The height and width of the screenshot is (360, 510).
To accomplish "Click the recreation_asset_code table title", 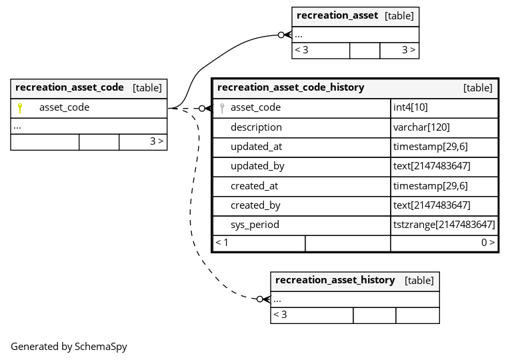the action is point(69,87).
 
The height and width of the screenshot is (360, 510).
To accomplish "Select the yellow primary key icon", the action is point(20,108).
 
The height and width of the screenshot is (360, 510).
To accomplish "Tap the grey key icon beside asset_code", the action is point(222,108).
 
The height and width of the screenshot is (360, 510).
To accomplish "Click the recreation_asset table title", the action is point(337,15).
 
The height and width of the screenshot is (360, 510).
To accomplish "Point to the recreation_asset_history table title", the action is point(335,280).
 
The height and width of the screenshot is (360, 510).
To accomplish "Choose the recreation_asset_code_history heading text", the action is point(291,87).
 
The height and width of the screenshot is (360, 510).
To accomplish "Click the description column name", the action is point(256,127).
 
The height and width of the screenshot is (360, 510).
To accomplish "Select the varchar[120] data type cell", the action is point(421,127).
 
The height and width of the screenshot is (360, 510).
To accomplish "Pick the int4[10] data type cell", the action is point(411,107).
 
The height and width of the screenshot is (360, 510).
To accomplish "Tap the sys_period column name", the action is point(255,225).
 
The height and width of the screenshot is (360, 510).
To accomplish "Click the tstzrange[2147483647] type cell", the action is point(444,225).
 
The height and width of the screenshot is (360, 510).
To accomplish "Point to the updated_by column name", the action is point(257,166).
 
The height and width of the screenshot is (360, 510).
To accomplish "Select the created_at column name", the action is point(255,186).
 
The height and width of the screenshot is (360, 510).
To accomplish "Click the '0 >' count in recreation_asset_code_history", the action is point(488,242).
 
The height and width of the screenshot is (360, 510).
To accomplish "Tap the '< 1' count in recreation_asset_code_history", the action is point(222,242).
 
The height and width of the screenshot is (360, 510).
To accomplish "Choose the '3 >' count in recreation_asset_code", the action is point(157,141).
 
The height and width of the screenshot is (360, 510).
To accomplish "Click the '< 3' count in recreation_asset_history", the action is point(280,315).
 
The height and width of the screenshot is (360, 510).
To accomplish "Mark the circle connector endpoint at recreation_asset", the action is point(281,35).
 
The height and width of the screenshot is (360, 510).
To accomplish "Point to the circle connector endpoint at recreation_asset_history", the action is point(259,299).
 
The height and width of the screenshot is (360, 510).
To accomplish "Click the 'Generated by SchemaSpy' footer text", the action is point(69,347).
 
